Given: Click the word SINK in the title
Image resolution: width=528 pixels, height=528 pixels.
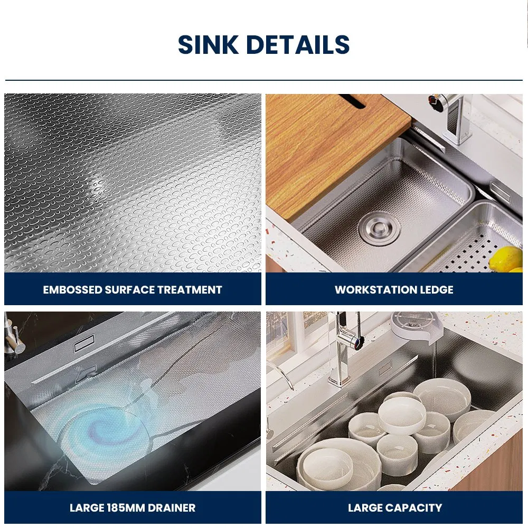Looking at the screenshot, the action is [x=208, y=44].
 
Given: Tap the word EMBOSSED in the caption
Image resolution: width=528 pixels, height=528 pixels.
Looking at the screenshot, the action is [x=72, y=290].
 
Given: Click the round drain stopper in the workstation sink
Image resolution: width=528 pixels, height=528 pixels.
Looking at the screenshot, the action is [x=379, y=228].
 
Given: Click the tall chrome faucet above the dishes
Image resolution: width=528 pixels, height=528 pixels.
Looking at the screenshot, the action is [x=344, y=350].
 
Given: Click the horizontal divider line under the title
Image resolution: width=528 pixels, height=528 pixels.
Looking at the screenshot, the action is [x=264, y=80].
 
